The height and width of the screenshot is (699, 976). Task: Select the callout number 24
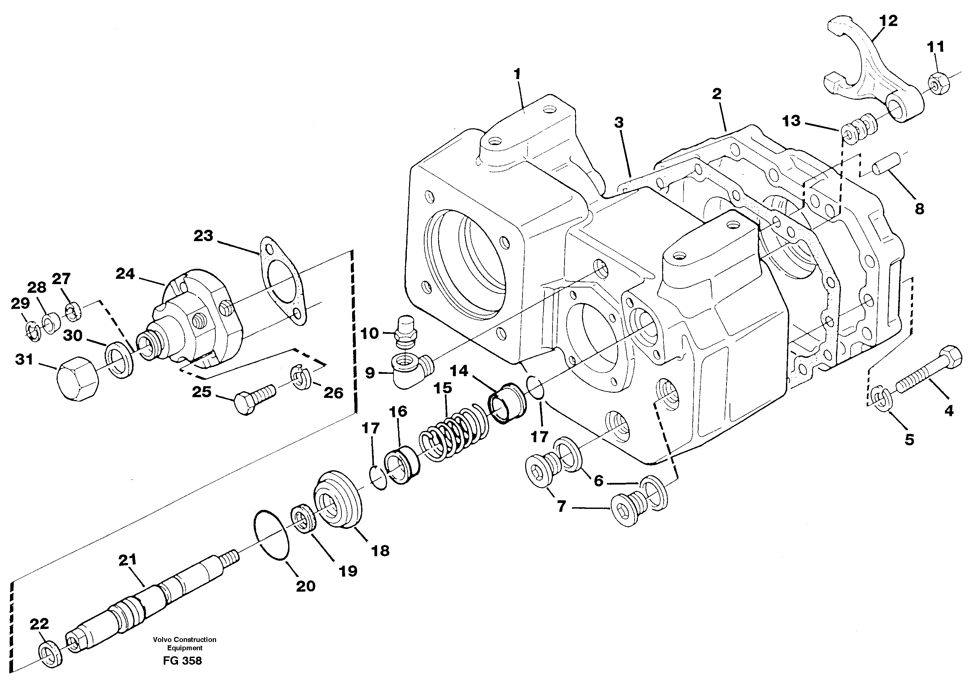125,273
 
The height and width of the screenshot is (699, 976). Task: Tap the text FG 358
182,661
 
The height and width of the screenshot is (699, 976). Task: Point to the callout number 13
791,121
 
